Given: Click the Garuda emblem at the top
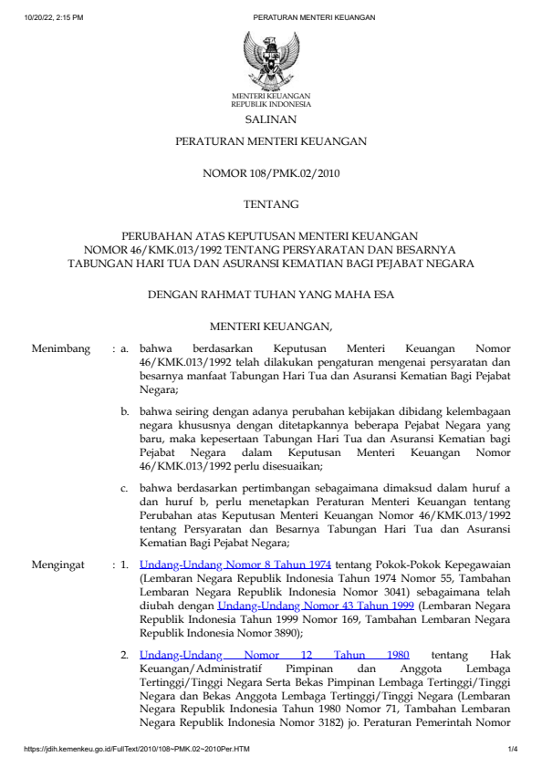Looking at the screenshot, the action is (271, 59).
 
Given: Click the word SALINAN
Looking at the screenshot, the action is (271, 119).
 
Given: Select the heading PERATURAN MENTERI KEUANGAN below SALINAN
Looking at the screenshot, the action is (271, 141).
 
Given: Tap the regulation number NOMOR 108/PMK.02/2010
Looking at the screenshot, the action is (271, 172).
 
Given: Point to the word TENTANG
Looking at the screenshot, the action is (271, 204).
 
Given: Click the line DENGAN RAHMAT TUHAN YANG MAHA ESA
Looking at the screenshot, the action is (271, 295).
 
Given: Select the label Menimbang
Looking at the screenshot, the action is (61, 348).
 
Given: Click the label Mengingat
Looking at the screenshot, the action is (60, 565).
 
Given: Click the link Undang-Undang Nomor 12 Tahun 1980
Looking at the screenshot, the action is (275, 655).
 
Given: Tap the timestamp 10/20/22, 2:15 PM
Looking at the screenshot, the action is (54, 17).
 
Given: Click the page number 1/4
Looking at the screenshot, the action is (513, 750).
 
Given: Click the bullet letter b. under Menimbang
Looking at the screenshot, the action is (126, 412).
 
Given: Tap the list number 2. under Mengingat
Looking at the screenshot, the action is (126, 655).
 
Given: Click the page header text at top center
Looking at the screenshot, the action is (301, 17).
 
